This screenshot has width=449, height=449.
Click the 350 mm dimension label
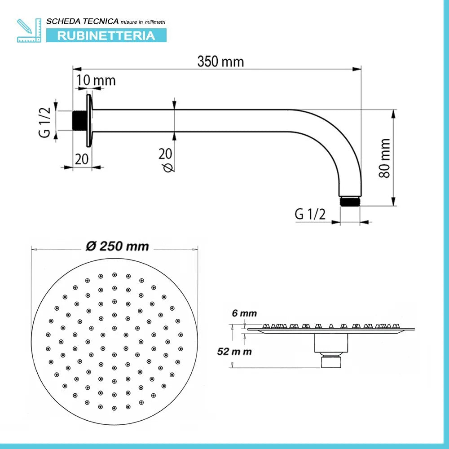pyautogui.click(x=220, y=61)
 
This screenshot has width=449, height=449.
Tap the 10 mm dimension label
pyautogui.click(x=96, y=80)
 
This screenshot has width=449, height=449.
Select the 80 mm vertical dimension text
pyautogui.click(x=385, y=158)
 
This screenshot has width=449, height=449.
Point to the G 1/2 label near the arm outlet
pyautogui.click(x=310, y=214)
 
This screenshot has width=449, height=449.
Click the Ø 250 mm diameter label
pyautogui.click(x=117, y=246)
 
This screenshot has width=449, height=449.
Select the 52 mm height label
pyautogui.click(x=234, y=352)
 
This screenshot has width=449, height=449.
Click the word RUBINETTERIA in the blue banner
pyautogui.click(x=106, y=35)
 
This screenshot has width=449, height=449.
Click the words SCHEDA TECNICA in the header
pyautogui.click(x=83, y=21)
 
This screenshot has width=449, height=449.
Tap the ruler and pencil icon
pyautogui.click(x=28, y=31)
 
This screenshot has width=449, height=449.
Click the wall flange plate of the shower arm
pyautogui.click(x=90, y=120)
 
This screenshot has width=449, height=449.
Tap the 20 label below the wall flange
pyautogui.click(x=82, y=159)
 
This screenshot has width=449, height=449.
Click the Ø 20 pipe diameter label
pyautogui.click(x=165, y=159)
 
